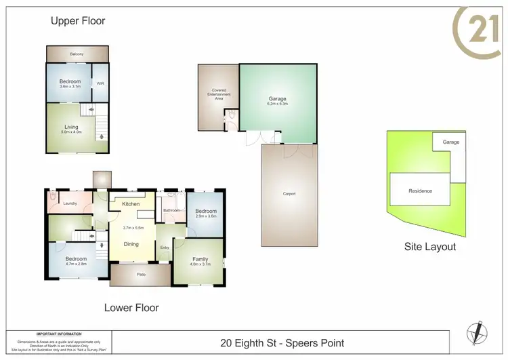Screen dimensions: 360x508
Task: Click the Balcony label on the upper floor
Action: tap(77, 54)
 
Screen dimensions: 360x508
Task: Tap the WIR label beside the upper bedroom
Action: tap(100, 84)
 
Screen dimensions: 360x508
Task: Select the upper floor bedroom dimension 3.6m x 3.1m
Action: tap(70, 87)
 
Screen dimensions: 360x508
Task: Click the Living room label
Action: tap(71, 127)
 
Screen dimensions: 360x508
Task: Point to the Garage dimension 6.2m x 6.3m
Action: tap(278, 104)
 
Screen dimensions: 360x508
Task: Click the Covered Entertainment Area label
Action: tap(218, 94)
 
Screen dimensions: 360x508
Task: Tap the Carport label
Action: tap(289, 194)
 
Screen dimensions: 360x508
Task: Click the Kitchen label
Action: tap(131, 203)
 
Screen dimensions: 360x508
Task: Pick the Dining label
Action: tap(131, 244)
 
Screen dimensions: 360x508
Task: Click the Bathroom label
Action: tap(171, 211)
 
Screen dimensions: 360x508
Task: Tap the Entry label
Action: tap(165, 247)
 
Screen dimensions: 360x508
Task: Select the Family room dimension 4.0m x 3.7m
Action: tap(200, 264)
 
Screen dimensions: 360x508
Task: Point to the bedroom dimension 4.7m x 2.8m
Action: tap(76, 264)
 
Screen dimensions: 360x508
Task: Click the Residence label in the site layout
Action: tap(420, 191)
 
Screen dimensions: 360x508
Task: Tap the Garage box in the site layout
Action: tap(451, 142)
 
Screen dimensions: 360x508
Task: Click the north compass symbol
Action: tap(478, 332)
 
